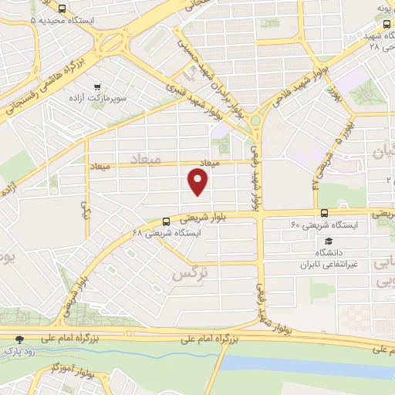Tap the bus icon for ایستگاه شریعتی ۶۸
coord(166,221)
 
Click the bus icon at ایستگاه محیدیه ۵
coord(61,10)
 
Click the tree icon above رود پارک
coord(20,339)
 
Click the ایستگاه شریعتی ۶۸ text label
coord(167,232)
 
